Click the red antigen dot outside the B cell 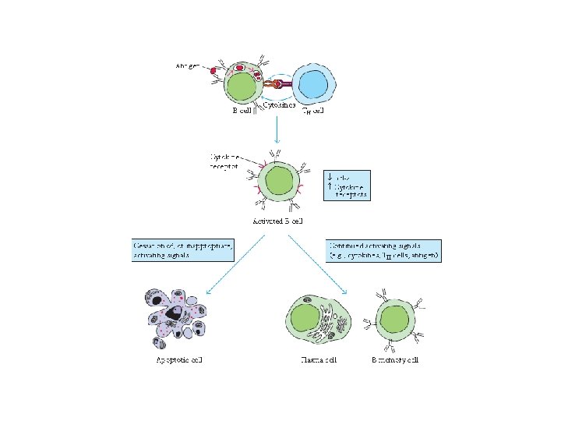213,70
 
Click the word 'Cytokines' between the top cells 278,104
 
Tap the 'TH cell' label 312,110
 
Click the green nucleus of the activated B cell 278,185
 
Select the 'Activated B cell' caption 277,221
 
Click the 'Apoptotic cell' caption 178,359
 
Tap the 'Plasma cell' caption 318,359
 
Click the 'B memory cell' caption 395,359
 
